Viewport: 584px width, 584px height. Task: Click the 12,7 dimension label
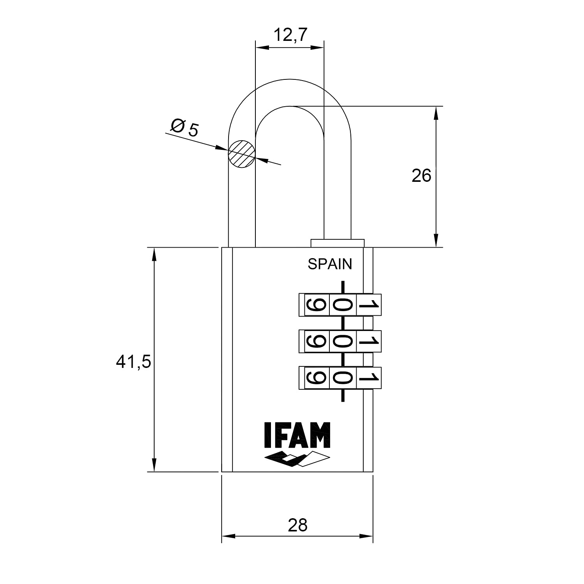pyautogui.click(x=290, y=35)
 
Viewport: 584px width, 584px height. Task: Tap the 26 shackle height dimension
pyautogui.click(x=421, y=176)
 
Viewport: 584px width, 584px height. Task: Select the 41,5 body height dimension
pyautogui.click(x=133, y=362)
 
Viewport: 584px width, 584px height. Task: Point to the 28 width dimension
pyautogui.click(x=297, y=525)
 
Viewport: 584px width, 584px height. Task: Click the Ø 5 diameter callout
pyautogui.click(x=185, y=127)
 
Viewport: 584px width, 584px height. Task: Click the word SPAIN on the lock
pyautogui.click(x=330, y=264)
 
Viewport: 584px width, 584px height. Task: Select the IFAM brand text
pyautogui.click(x=297, y=435)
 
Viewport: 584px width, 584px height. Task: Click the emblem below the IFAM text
pyautogui.click(x=297, y=459)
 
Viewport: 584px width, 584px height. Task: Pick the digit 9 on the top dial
pyautogui.click(x=316, y=305)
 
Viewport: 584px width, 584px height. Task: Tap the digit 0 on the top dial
pyautogui.click(x=342, y=305)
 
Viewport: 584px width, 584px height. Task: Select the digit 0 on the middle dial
pyautogui.click(x=342, y=341)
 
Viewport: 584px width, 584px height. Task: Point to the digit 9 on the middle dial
pyautogui.click(x=316, y=341)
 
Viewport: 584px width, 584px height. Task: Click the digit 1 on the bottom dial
pyautogui.click(x=368, y=378)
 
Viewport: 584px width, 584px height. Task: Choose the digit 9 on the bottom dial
pyautogui.click(x=316, y=378)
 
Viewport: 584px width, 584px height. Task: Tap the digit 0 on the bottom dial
pyautogui.click(x=342, y=378)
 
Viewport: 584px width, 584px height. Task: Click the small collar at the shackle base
pyautogui.click(x=338, y=243)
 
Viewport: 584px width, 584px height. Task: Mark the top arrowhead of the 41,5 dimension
pyautogui.click(x=155, y=255)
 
